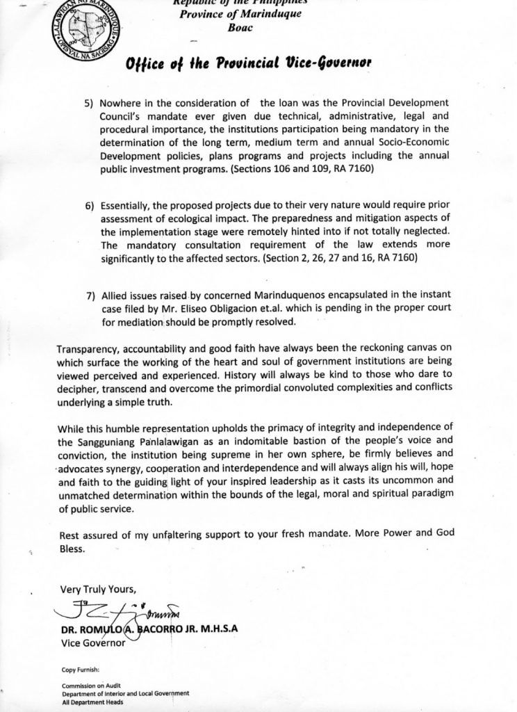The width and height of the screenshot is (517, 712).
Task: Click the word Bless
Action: point(72,548)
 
